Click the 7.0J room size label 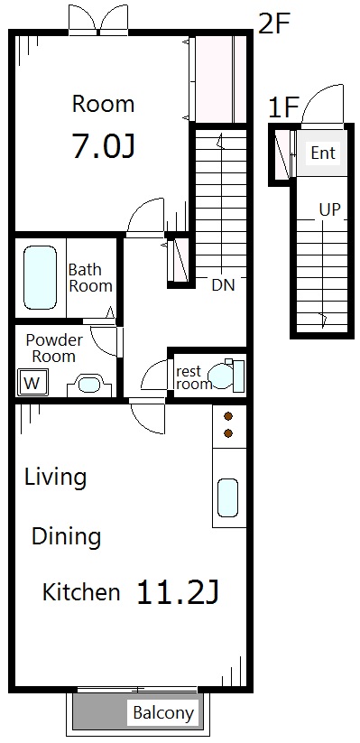103,145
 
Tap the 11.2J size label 178,592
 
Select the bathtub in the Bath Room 40,277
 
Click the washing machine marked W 32,382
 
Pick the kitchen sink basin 227,497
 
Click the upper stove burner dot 228,416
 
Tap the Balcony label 163,712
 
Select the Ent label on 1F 323,153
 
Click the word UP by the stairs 329,210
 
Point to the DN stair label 223,284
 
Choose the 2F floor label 273,23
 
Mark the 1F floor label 282,107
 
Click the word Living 55,478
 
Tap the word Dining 67,538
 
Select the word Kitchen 81,592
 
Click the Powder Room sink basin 88,384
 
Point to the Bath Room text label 90,278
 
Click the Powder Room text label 53,348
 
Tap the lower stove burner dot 228,433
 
